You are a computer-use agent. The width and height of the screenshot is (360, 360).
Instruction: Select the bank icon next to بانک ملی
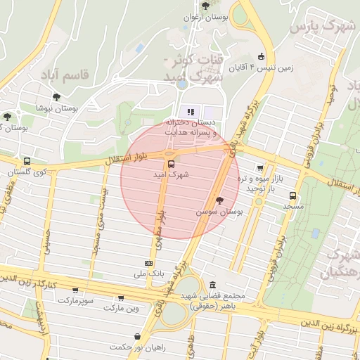coord(148,262)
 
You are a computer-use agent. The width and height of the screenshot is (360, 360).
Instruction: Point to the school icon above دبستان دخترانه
coord(189,112)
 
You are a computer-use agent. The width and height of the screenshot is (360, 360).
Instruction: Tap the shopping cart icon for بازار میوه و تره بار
coord(261,168)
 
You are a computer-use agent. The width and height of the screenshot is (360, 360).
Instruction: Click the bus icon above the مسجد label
coord(293,196)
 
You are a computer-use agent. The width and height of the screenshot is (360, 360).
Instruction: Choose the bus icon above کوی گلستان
coord(27,162)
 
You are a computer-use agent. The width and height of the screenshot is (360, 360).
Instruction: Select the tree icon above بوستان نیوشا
coord(56,98)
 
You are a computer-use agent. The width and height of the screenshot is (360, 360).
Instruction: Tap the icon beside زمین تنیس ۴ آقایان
coord(262,56)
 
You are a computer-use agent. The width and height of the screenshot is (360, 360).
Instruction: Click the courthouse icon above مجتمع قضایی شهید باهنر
coord(213,285)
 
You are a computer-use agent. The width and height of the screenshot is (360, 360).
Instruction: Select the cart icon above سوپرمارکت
coord(75,290)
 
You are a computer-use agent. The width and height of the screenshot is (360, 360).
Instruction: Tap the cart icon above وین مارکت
coord(121,298)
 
